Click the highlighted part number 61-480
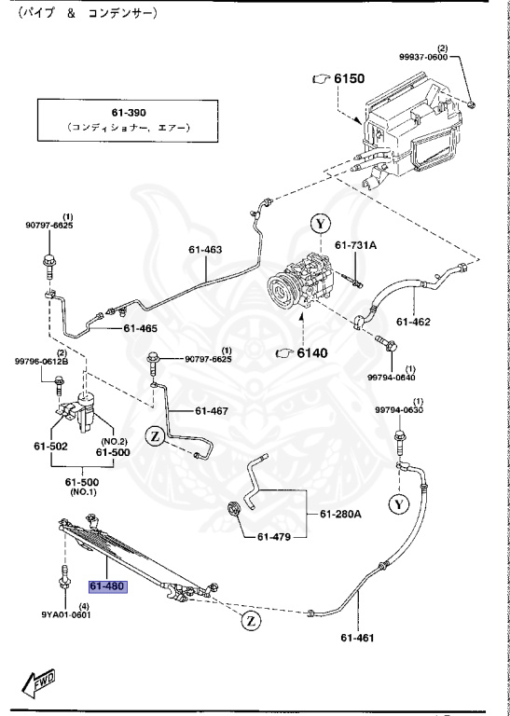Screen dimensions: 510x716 tap(108, 585)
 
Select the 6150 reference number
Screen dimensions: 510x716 tap(350, 78)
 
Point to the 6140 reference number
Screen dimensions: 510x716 tap(311, 353)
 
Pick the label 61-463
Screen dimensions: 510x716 tap(205, 250)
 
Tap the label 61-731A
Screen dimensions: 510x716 tap(355, 245)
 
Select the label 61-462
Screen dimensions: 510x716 tap(413, 322)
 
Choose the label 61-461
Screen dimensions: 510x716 tap(357, 637)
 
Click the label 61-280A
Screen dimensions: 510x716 tap(340, 515)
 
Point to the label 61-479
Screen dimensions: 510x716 tap(274, 537)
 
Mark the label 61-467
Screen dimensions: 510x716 tap(212, 411)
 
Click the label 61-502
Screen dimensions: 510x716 tap(50, 446)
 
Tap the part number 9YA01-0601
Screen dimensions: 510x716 tap(65, 614)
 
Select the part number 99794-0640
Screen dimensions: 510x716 tap(393, 378)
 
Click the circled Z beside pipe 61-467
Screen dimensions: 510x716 tap(155, 437)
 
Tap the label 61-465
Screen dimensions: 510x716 tap(140, 328)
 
